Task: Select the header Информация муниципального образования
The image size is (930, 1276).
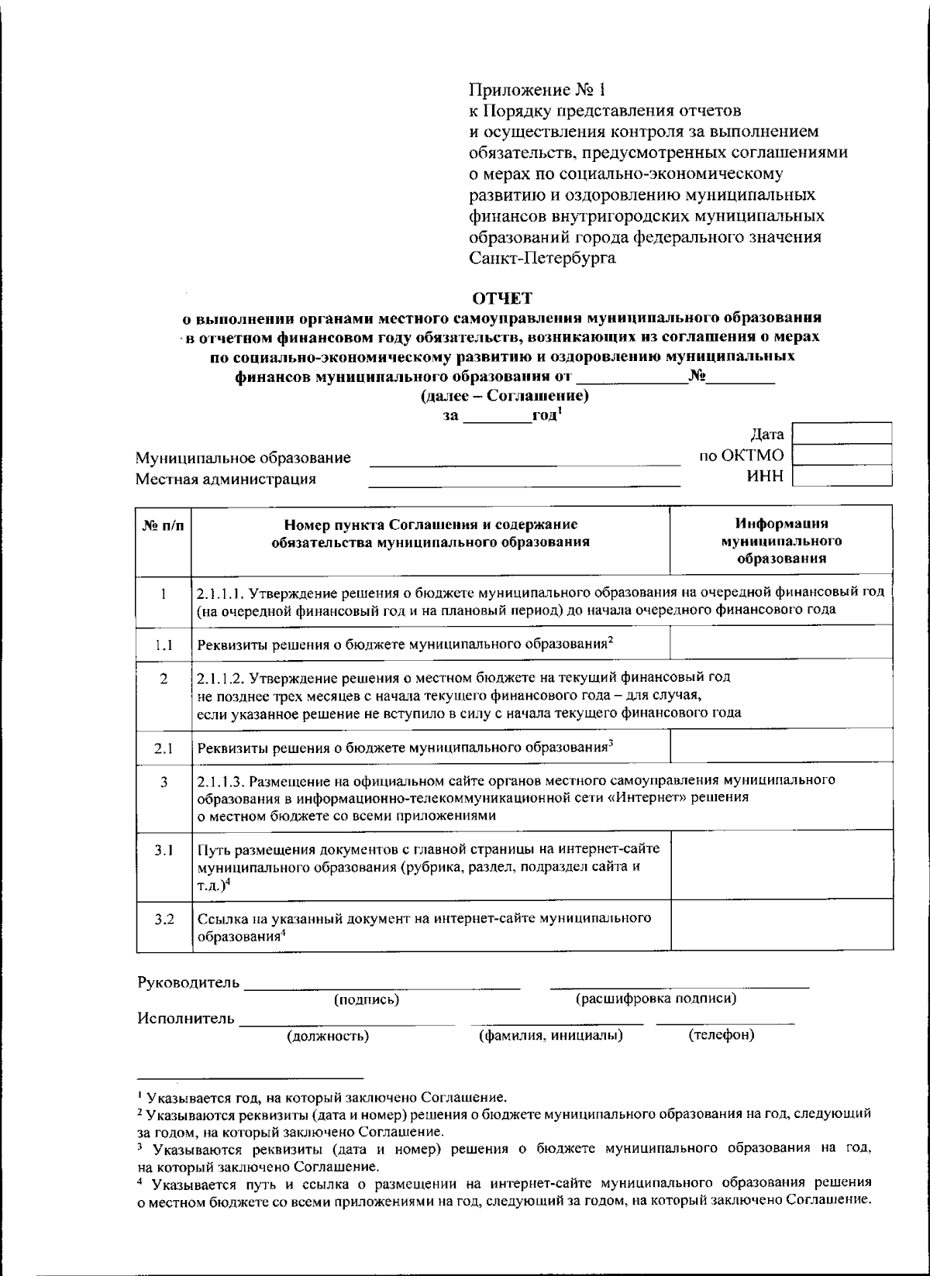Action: pos(781,541)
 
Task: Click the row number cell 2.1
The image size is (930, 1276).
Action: pos(164,748)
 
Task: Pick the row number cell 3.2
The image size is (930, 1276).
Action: pos(164,920)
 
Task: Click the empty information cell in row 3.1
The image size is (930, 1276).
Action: pos(781,866)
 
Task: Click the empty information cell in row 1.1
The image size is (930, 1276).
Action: pos(781,644)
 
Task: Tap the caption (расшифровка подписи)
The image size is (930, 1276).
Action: pos(656,999)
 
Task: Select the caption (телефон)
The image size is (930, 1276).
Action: pos(721,1035)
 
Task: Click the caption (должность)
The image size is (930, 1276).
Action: pos(328,1036)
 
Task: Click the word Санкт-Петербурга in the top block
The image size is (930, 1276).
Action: pos(543,258)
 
